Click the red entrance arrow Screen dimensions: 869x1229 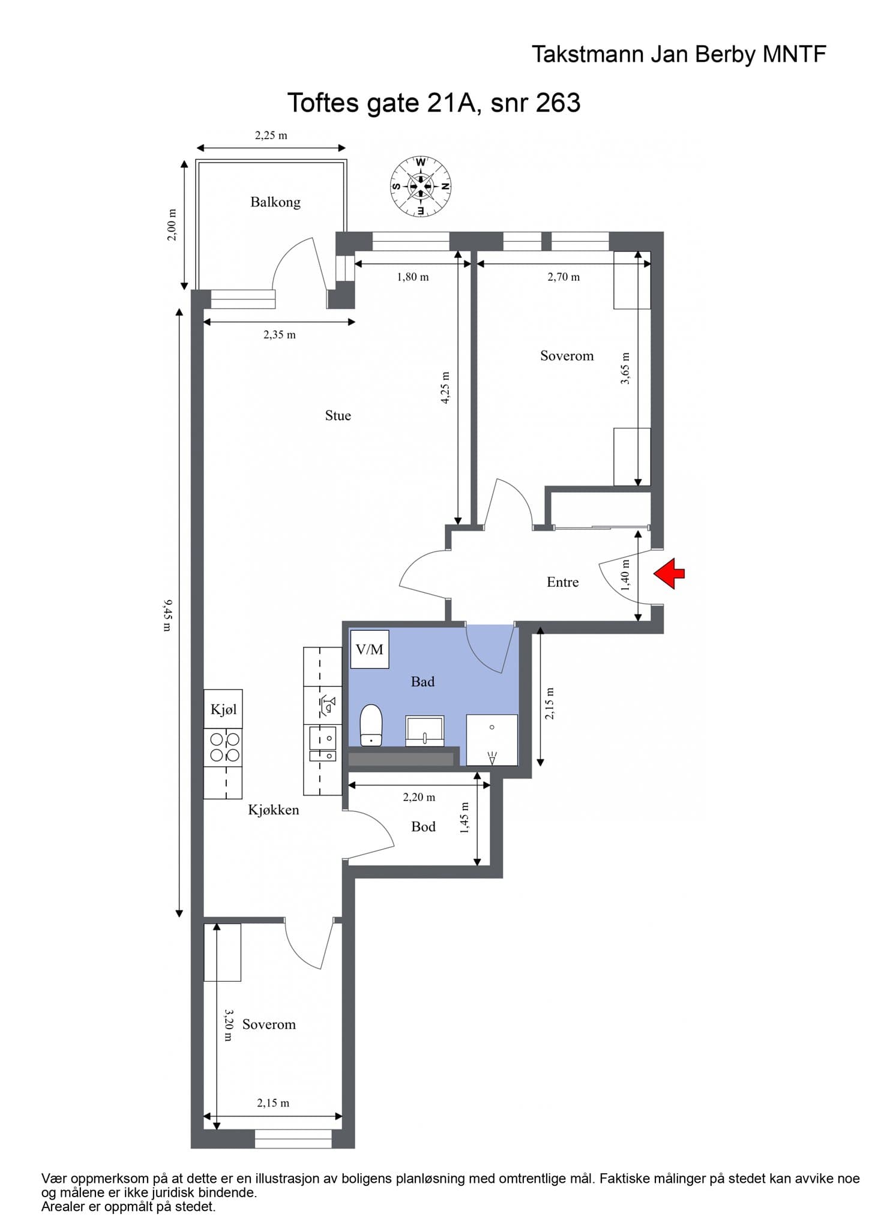(669, 573)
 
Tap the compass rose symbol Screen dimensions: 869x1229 (421, 186)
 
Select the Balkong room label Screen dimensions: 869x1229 (275, 202)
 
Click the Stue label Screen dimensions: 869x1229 (338, 416)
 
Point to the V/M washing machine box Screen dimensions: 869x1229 (370, 649)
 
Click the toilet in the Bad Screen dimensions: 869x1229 (371, 726)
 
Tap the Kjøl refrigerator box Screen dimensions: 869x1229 (223, 709)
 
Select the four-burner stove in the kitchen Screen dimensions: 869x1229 (223, 747)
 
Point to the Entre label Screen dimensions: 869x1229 (563, 582)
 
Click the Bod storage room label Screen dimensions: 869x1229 (423, 827)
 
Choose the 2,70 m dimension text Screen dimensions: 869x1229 (564, 277)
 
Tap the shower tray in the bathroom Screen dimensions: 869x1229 (492, 740)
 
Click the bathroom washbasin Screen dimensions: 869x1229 (425, 730)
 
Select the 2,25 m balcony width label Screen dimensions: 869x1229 (271, 136)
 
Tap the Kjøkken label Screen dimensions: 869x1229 (274, 810)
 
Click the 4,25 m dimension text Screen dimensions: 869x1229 (445, 388)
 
